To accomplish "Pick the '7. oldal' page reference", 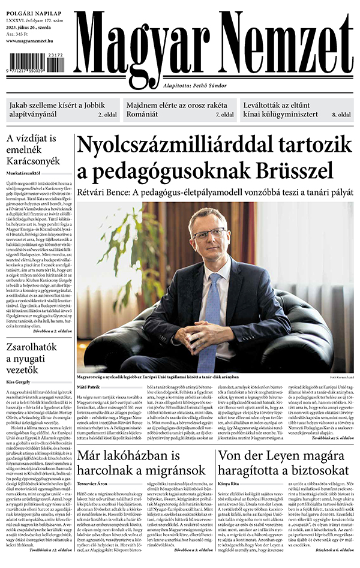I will click(224, 114).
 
